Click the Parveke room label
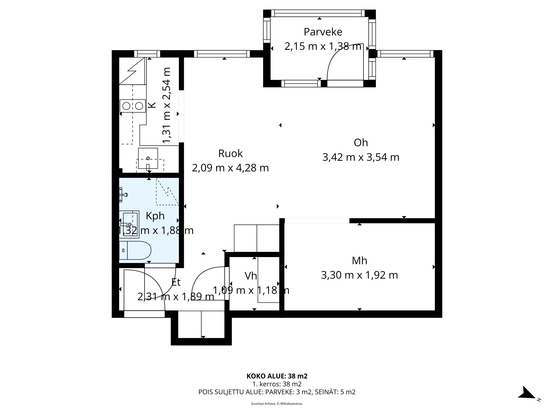[323, 32]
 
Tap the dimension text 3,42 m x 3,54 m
[361, 157]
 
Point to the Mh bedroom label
[359, 261]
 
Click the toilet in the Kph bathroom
[135, 250]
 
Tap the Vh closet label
[251, 276]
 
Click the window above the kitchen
[147, 54]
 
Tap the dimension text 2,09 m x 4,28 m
[230, 168]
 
